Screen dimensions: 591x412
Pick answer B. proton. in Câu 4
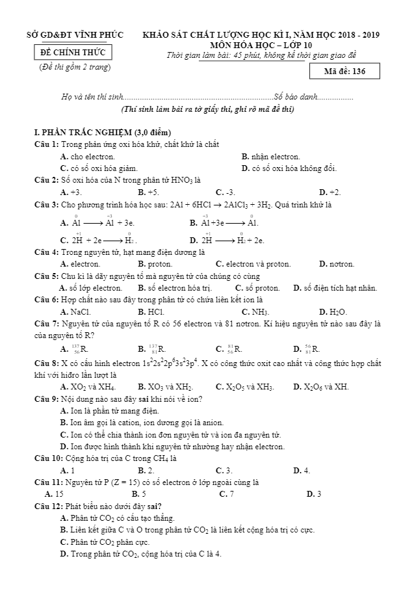pos(155,264)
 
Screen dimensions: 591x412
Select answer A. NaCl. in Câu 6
pos(75,311)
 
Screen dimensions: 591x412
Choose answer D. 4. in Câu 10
pos(302,469)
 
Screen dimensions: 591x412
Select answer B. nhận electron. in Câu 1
pos(271,156)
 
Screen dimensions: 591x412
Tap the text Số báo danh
pos(296,97)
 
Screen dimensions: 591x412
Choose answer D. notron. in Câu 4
pos(337,264)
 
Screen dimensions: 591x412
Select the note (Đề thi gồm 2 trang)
pos(75,67)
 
